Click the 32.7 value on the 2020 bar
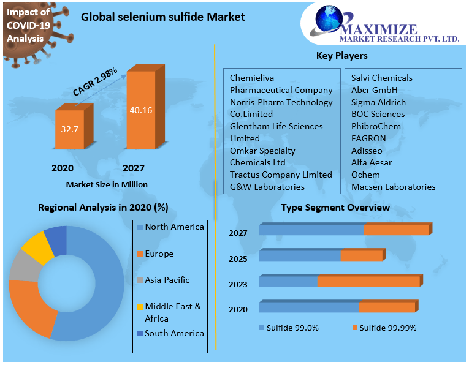(70, 129)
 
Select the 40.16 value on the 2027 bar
(141, 111)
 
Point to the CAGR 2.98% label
(95, 81)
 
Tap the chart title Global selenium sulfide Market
(163, 17)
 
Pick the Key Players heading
(341, 56)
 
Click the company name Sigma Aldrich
(378, 102)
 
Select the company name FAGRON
(368, 138)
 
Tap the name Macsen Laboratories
(393, 187)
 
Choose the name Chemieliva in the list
(251, 78)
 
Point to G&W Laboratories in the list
(267, 187)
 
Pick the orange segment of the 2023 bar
(368, 281)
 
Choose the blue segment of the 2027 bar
(311, 230)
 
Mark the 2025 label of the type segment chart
(238, 258)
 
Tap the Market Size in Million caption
(106, 184)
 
